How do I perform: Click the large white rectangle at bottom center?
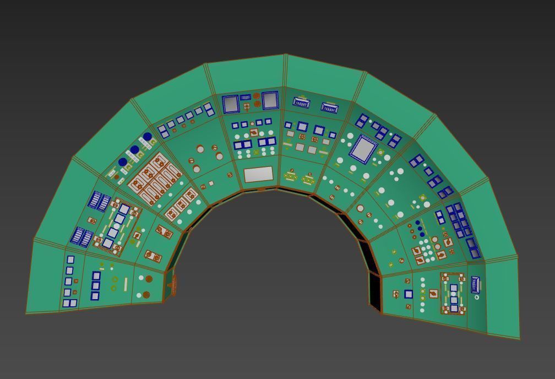258,175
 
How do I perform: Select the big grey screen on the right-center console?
362,149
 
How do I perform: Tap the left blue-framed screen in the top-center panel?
231,104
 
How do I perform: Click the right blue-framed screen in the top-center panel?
270,100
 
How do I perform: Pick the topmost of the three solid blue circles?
147,137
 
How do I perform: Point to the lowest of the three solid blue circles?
123,163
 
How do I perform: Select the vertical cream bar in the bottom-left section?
126,284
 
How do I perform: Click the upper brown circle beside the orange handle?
149,279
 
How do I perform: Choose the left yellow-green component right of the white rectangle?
291,177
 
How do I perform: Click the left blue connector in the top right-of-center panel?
301,102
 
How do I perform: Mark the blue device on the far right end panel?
476,285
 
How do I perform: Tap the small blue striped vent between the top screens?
245,98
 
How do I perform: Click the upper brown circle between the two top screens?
256,96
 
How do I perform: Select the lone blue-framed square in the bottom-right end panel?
409,294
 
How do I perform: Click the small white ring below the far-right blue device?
477,297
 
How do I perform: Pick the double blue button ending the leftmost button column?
69,304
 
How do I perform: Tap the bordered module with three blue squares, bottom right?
454,294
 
